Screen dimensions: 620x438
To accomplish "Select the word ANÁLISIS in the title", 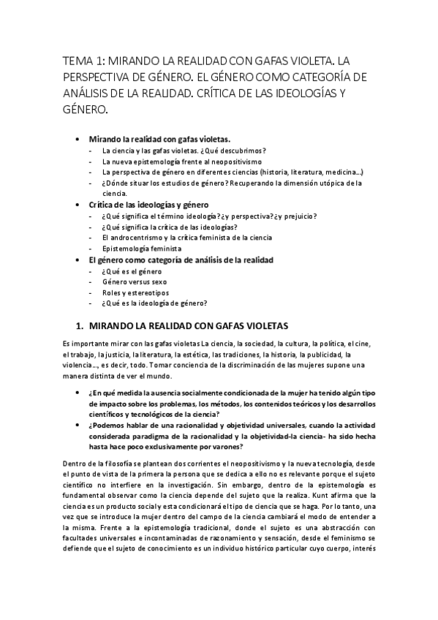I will pos(88,93).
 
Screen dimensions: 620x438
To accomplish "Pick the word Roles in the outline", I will pos(112,292).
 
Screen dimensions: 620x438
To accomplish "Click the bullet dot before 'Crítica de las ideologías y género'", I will pos(79,205).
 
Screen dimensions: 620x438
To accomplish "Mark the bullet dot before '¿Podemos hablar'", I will pos(79,425).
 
